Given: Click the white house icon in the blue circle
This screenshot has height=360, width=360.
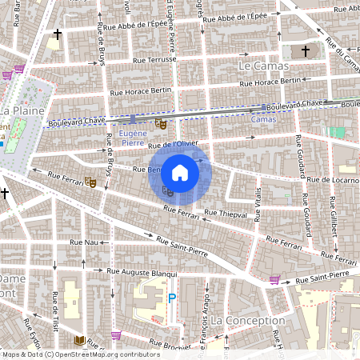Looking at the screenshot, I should click(180, 172).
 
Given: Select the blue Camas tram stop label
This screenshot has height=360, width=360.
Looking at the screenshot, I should click(263, 119).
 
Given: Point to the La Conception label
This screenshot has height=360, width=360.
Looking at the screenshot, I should click(249, 320).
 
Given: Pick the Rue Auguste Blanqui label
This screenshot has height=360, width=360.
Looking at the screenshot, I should click(141, 273).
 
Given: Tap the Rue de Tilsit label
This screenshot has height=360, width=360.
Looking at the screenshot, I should click(55, 310).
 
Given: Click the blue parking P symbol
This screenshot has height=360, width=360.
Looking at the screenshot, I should click(171, 298).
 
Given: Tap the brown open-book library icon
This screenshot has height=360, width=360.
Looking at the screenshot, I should click(79, 342).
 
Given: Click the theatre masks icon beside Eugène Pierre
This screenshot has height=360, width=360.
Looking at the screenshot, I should click(160, 124).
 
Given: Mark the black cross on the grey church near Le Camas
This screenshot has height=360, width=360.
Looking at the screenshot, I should click(304, 51).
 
